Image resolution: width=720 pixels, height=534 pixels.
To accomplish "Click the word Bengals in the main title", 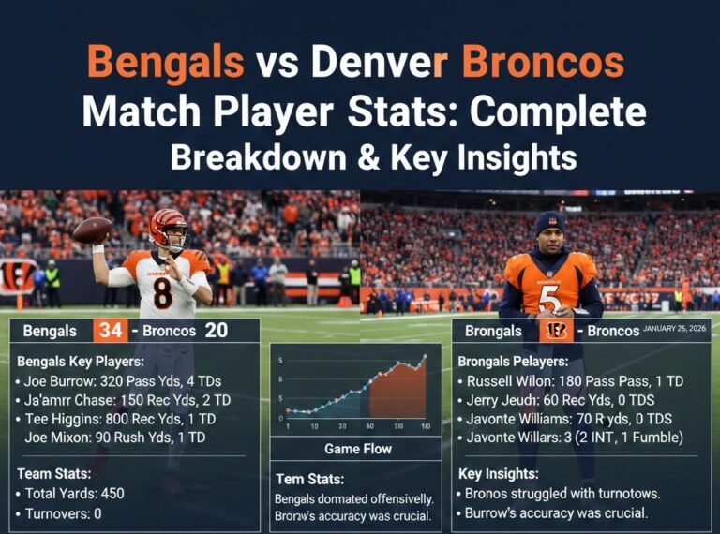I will pyautogui.click(x=165, y=63).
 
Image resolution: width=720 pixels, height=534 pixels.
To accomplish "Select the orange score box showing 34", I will pyautogui.click(x=110, y=331).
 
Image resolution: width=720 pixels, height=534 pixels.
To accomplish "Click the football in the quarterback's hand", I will pyautogui.click(x=93, y=230).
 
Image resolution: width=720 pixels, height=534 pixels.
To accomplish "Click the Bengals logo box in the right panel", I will pyautogui.click(x=556, y=331).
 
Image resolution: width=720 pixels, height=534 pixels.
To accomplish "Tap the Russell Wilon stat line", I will pyautogui.click(x=570, y=382).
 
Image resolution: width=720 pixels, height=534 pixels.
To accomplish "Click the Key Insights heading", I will pyautogui.click(x=498, y=474).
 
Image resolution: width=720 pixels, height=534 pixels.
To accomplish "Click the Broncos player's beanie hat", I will pyautogui.click(x=550, y=222).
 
